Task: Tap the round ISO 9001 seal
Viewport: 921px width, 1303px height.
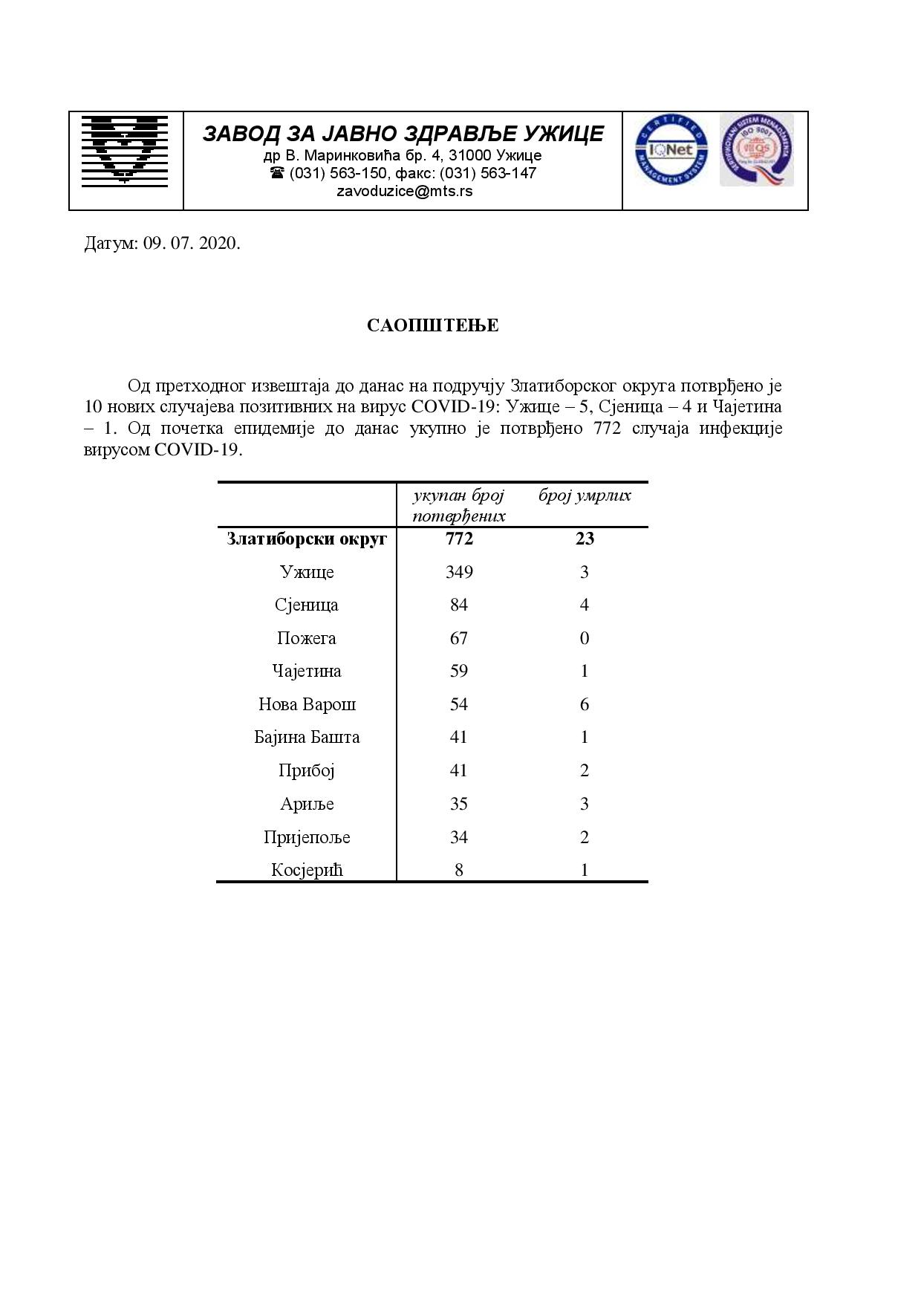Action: tap(756, 149)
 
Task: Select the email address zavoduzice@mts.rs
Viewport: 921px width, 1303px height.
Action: tap(404, 191)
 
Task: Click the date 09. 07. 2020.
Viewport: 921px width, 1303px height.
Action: tap(192, 244)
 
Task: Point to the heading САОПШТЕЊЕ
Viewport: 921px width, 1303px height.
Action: tap(432, 325)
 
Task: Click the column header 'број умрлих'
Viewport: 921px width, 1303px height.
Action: tap(585, 495)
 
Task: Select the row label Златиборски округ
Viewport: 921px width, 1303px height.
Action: tap(307, 539)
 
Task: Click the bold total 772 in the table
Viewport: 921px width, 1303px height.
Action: tap(459, 539)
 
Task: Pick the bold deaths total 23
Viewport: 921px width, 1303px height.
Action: tap(585, 539)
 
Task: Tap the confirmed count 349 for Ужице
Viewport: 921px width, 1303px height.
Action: tap(459, 572)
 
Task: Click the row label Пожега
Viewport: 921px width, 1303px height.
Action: tap(307, 638)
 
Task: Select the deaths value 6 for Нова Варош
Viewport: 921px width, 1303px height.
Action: tap(585, 704)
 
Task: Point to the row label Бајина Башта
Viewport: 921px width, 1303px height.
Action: tap(307, 738)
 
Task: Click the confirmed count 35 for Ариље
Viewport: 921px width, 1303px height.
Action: tap(459, 804)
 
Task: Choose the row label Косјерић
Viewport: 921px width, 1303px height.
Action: tap(307, 870)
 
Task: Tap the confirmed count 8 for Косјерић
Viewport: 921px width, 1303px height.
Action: tap(459, 870)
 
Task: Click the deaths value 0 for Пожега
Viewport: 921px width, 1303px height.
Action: tap(585, 638)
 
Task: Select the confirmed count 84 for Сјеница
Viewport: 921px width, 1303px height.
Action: tap(459, 605)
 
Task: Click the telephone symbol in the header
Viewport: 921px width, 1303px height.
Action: tap(277, 173)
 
